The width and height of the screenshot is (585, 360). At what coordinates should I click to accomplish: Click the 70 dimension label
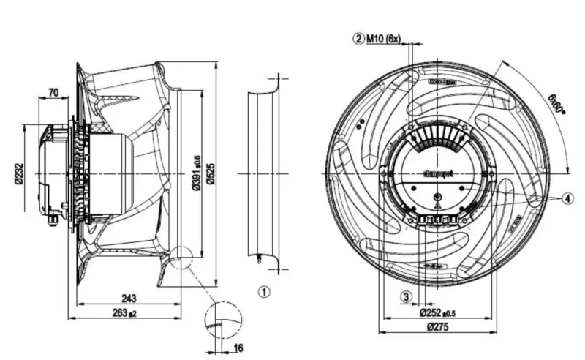(53, 92)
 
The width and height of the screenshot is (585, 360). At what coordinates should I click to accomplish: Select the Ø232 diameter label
(29, 175)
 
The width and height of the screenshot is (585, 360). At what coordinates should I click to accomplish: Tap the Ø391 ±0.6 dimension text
(195, 174)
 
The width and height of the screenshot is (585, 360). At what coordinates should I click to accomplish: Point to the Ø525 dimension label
(209, 174)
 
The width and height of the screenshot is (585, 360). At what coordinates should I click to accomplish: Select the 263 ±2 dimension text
(126, 312)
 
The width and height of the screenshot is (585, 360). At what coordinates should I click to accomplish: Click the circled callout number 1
(265, 290)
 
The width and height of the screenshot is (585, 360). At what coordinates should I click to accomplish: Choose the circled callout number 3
(406, 296)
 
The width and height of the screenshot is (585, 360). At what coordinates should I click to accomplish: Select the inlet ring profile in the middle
(264, 174)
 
